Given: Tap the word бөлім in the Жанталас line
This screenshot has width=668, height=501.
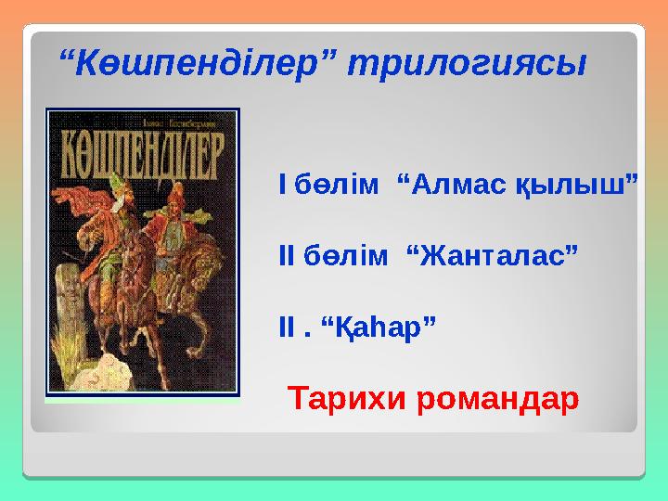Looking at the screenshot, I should pyautogui.click(x=348, y=252).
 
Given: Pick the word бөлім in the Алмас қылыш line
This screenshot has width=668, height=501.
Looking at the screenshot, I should pyautogui.click(x=337, y=185).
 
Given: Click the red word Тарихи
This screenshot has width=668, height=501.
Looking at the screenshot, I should pyautogui.click(x=346, y=400).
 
